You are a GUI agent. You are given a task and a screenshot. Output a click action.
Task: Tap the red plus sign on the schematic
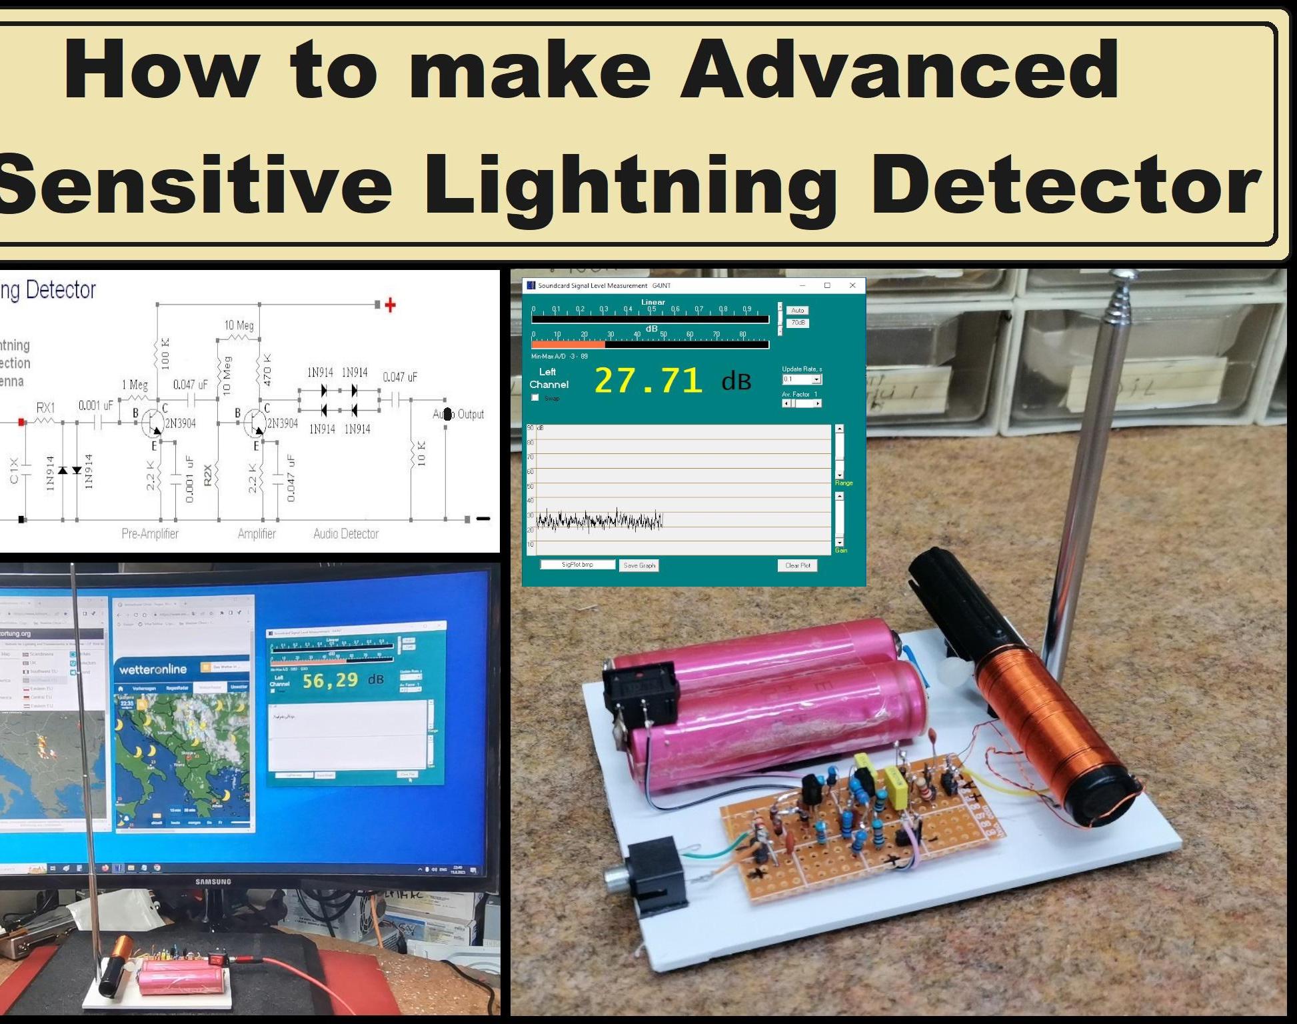(391, 305)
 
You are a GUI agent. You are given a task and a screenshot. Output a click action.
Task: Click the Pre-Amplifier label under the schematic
(150, 533)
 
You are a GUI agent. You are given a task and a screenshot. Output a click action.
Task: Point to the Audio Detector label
(346, 533)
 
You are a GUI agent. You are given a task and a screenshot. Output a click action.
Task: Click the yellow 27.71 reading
(648, 381)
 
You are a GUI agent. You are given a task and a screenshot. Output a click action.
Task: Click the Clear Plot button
(797, 565)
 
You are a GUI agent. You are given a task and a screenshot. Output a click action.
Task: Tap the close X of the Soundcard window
(852, 285)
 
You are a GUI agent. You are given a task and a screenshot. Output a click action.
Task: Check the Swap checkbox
(535, 398)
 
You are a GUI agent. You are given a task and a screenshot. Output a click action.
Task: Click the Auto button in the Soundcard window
(797, 311)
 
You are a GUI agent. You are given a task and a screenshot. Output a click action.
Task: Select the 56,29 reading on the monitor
(331, 681)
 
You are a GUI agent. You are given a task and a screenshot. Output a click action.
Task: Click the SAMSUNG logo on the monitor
(213, 881)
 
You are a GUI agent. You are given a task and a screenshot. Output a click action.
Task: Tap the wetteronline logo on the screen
(153, 669)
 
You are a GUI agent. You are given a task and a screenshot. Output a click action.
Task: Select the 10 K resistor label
(421, 453)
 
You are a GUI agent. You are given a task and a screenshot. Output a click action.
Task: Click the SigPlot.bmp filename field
(577, 565)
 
